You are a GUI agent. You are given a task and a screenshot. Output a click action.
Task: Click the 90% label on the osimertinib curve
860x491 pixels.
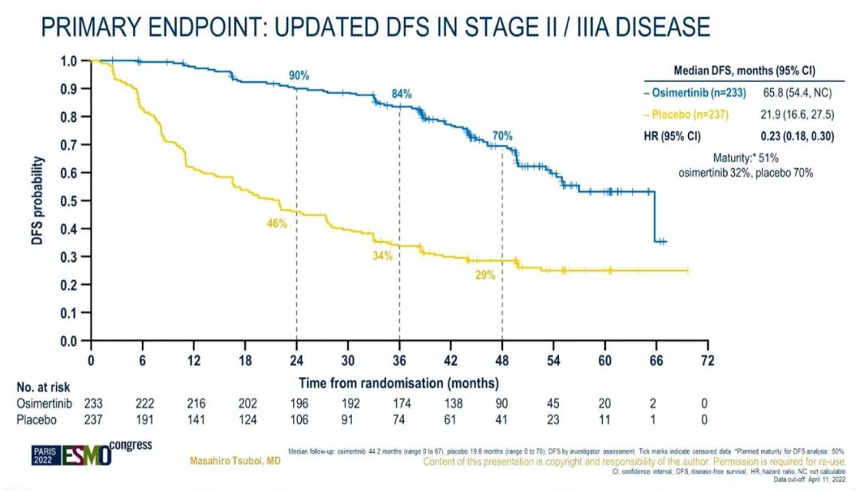tap(299, 76)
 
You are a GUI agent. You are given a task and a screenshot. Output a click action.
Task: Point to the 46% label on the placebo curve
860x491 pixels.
tap(276, 224)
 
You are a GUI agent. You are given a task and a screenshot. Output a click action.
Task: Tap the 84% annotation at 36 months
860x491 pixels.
tap(401, 94)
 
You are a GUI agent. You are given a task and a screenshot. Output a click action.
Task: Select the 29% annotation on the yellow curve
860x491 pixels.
tap(485, 275)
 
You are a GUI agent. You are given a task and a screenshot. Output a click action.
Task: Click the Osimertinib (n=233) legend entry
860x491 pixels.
tap(694, 93)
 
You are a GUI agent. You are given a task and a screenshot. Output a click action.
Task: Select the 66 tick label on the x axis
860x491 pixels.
tap(656, 357)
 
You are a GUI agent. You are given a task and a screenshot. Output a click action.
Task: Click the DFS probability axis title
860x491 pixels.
tap(37, 201)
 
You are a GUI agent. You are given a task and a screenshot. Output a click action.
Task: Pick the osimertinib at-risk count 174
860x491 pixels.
tap(399, 403)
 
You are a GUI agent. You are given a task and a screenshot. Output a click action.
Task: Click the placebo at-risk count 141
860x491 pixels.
tap(193, 420)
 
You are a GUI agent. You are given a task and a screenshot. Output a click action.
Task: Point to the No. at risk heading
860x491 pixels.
tap(44, 388)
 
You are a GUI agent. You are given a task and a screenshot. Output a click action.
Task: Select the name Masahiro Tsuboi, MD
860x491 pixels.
tap(235, 462)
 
